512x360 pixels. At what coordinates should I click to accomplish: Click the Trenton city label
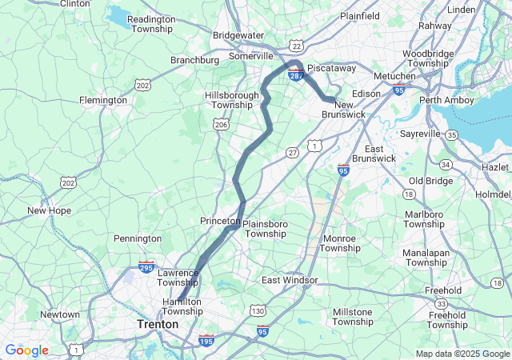(157, 325)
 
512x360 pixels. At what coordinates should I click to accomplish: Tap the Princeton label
(219, 220)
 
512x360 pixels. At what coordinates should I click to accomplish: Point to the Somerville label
(251, 56)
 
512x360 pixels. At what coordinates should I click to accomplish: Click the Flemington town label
(102, 100)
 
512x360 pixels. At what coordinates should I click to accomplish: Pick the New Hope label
(49, 210)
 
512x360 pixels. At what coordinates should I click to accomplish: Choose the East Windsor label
(290, 280)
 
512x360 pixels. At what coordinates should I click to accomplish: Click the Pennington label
(138, 238)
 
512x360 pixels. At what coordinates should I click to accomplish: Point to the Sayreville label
(422, 133)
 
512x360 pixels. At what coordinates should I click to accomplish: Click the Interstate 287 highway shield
(295, 74)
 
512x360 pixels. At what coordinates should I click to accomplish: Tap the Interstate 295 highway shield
(146, 266)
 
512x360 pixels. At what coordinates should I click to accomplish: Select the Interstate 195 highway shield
(206, 339)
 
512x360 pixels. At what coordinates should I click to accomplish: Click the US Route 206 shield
(222, 124)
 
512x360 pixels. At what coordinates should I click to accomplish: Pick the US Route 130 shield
(258, 310)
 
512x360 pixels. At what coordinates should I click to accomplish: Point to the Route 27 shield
(293, 152)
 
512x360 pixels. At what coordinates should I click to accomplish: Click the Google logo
(26, 350)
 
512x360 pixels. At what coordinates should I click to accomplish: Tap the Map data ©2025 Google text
(462, 354)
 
